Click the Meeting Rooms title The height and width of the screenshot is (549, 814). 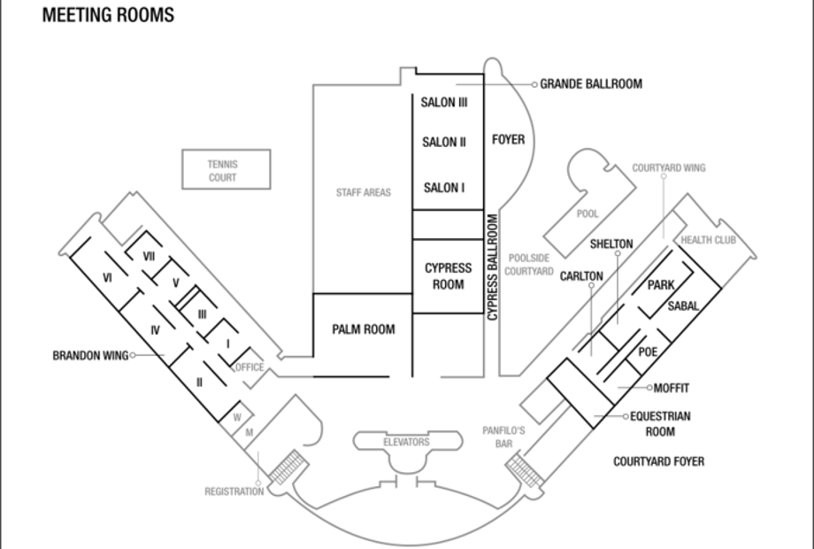[x=108, y=15]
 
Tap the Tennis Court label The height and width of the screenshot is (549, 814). [x=223, y=171]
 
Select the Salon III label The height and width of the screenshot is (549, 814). [x=444, y=103]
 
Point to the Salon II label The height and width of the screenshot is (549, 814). [x=444, y=142]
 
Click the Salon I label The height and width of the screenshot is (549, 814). [x=444, y=188]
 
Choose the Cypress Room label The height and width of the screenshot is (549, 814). [x=448, y=276]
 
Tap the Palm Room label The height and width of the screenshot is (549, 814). [x=364, y=329]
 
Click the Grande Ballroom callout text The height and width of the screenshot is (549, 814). [x=591, y=84]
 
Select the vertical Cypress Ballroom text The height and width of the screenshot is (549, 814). [x=493, y=267]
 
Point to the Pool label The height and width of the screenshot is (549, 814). [x=587, y=213]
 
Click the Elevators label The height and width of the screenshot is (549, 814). [x=406, y=442]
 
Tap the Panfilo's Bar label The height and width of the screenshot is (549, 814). [x=503, y=437]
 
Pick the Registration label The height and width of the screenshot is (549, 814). [x=234, y=491]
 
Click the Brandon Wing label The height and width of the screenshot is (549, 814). [x=91, y=356]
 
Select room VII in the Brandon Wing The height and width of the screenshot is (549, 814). [x=149, y=256]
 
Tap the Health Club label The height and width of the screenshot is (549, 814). [x=708, y=240]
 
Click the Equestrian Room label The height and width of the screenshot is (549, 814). [x=660, y=424]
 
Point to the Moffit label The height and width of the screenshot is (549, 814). [x=672, y=388]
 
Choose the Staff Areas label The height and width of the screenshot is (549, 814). [x=364, y=193]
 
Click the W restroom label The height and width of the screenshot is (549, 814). [x=237, y=417]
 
